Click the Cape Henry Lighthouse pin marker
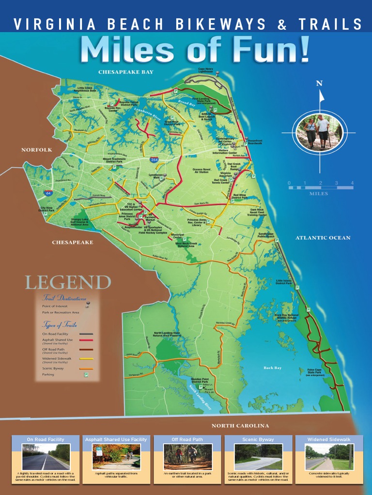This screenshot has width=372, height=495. coord(217,73)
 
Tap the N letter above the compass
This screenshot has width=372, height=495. coord(319,83)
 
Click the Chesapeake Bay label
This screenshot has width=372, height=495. coord(125,72)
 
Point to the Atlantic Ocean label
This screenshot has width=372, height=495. coord(323,238)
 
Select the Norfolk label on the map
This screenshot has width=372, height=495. coord(36,150)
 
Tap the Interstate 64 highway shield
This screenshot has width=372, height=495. coord(47,193)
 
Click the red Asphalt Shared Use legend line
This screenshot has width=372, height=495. coord(86,340)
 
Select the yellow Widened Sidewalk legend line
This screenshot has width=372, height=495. coord(86,358)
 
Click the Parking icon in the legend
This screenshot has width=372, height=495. coord(86,374)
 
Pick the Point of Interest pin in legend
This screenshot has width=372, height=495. coord(88,305)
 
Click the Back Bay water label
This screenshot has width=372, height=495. coord(272,368)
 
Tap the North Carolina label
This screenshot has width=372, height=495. coord(240,426)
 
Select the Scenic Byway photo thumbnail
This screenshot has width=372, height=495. coord(258,456)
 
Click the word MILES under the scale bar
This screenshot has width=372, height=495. coord(319,194)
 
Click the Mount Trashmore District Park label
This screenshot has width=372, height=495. coord(114,160)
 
